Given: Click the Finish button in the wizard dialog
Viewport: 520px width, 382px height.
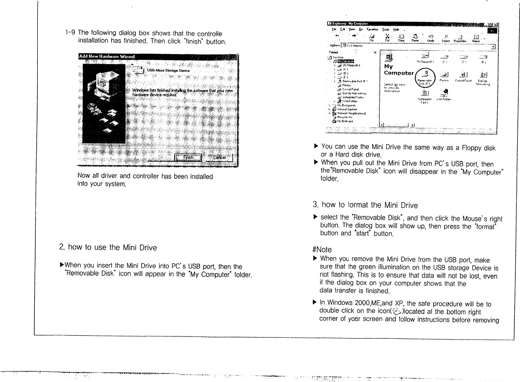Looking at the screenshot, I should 188,157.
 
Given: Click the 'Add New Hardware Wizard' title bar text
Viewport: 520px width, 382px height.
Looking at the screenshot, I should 107,57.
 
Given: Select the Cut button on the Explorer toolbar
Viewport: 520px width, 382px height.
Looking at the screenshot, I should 388,38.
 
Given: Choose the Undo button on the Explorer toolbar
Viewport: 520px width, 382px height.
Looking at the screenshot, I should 431,38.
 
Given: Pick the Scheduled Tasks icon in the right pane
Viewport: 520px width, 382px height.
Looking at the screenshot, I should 425,95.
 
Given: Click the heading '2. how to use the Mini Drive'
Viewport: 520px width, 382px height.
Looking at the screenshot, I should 108,248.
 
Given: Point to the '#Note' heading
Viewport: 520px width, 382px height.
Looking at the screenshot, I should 322,250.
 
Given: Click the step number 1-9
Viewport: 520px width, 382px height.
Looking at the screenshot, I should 70,32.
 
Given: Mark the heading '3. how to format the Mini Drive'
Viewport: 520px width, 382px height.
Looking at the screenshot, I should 365,205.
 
